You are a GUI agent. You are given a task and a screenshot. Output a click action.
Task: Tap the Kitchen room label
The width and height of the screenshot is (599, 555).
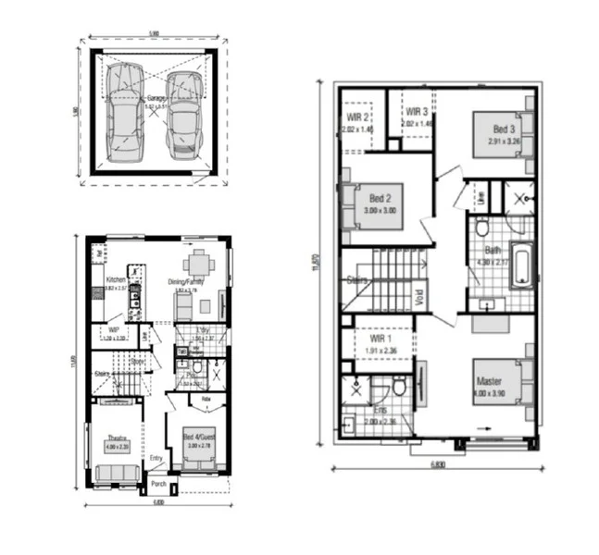(x=115, y=279)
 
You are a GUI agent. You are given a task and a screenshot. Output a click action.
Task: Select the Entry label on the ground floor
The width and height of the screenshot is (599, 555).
(x=156, y=456)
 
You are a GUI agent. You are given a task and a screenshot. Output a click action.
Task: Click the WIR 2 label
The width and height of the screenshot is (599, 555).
(x=358, y=117)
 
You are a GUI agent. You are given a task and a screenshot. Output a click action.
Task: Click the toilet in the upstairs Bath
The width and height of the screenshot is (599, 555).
(x=481, y=228)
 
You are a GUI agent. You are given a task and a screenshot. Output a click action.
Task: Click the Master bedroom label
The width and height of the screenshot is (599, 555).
(x=489, y=381)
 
